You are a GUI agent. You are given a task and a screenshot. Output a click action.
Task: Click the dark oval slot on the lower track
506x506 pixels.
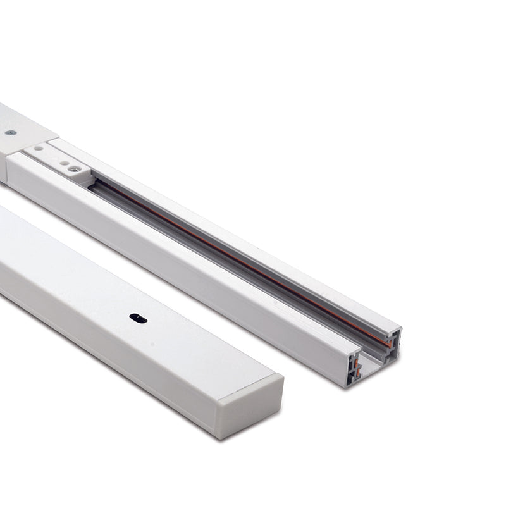138,318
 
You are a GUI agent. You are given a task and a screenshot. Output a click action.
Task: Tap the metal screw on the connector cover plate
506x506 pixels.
10,133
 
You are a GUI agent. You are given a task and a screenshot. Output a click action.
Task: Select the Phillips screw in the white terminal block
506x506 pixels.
75,168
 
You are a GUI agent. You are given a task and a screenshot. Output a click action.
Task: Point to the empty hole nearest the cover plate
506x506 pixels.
39,149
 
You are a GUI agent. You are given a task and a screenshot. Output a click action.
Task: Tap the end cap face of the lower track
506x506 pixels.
250,405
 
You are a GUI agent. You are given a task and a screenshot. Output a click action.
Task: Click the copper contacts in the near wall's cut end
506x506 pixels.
356,367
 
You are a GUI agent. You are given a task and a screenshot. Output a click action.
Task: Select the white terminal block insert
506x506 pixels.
60,161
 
